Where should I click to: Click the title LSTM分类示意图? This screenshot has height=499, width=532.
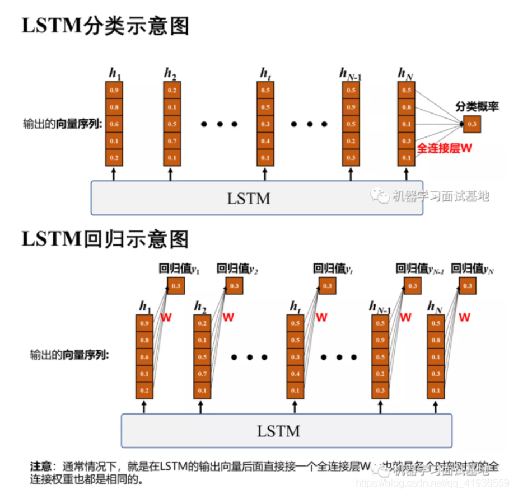tap(105, 26)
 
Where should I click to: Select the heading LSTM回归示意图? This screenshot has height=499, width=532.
tap(105, 239)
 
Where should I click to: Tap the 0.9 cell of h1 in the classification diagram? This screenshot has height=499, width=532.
tap(114, 90)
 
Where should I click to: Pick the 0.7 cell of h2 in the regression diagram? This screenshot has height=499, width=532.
tap(203, 373)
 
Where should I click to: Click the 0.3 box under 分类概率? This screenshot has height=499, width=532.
tap(472, 124)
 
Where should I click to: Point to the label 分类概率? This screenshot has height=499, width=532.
tap(477, 107)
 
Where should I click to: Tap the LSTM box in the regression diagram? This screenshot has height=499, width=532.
tap(287, 431)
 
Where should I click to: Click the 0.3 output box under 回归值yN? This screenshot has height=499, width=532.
tap(466, 286)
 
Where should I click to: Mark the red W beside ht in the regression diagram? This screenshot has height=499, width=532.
tap(321, 317)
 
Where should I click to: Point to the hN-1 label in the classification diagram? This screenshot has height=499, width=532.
tap(351, 73)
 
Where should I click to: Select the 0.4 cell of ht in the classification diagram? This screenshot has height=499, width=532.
tap(265, 141)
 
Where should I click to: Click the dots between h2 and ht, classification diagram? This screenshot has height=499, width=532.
tap(219, 124)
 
